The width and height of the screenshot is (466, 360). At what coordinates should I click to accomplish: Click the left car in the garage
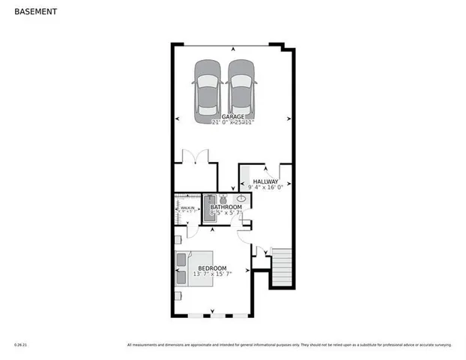208,91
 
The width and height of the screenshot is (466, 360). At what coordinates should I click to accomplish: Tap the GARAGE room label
232,115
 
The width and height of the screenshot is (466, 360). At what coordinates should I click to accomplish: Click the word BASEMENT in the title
34,12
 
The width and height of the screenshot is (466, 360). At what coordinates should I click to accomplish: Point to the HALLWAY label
265,181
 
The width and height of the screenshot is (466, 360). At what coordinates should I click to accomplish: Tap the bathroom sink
240,199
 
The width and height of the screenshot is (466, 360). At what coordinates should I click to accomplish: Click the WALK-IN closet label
187,208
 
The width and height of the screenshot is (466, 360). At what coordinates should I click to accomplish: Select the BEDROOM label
212,268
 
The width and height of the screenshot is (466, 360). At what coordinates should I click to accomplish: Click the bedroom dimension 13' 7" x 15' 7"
212,274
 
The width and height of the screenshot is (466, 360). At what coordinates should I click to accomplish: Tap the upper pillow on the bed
182,260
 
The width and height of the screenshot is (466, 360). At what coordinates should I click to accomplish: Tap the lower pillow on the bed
182,276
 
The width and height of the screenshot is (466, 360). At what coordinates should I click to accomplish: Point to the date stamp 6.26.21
20,345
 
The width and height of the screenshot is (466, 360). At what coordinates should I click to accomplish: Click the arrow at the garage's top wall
232,49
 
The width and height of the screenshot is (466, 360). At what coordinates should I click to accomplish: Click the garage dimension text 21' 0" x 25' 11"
233,121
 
